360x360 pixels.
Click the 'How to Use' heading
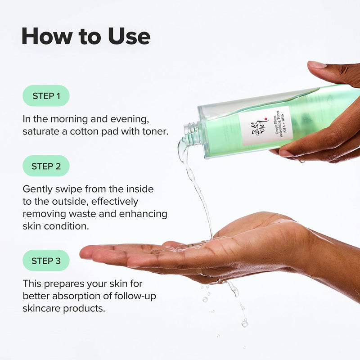coord(85,36)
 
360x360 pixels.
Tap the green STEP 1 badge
coord(46,96)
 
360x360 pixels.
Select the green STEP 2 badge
coord(46,166)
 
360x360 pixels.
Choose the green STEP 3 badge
coord(46,261)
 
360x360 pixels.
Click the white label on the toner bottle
coord(265,126)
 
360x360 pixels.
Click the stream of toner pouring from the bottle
coord(198,189)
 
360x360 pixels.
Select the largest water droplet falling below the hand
coord(244,323)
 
